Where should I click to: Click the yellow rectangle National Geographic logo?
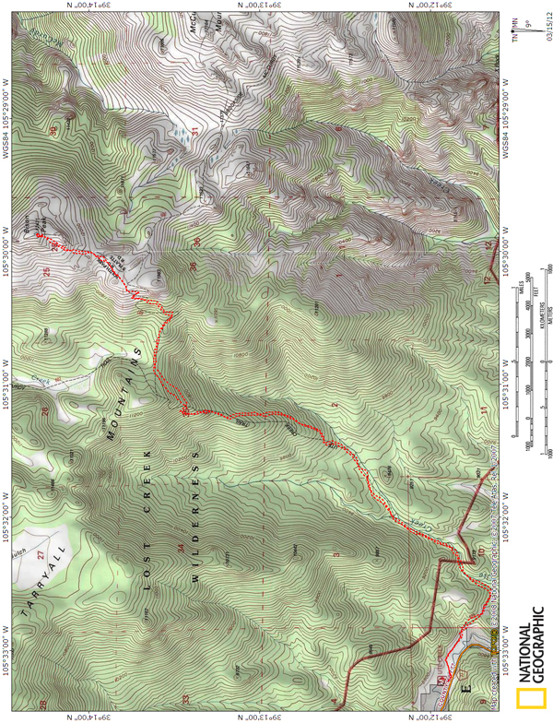click(528, 703)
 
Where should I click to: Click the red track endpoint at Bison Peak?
click(40, 237)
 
